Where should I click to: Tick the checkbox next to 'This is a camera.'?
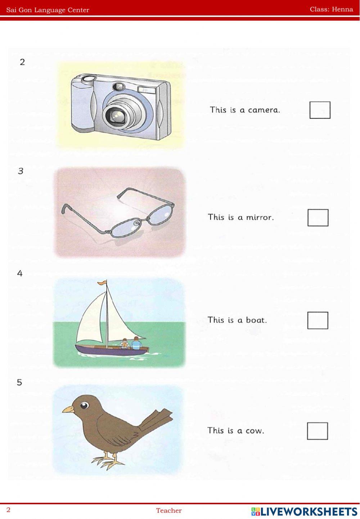(x=320, y=110)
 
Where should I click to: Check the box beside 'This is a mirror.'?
(x=318, y=218)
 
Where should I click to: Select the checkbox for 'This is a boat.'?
(x=318, y=320)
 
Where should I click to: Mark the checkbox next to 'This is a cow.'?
(x=317, y=431)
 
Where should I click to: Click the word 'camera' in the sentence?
(x=264, y=110)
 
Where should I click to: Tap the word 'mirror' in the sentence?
(x=260, y=217)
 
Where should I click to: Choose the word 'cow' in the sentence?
(x=255, y=431)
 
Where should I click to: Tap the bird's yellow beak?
(x=68, y=409)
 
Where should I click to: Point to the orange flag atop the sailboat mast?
(x=102, y=282)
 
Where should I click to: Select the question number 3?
(x=21, y=171)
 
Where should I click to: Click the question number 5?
(x=19, y=382)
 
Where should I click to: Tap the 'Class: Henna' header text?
(x=331, y=9)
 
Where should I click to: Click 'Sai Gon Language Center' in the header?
(x=48, y=10)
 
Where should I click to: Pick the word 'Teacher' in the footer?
(x=168, y=510)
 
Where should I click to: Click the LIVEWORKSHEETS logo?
(x=304, y=511)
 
